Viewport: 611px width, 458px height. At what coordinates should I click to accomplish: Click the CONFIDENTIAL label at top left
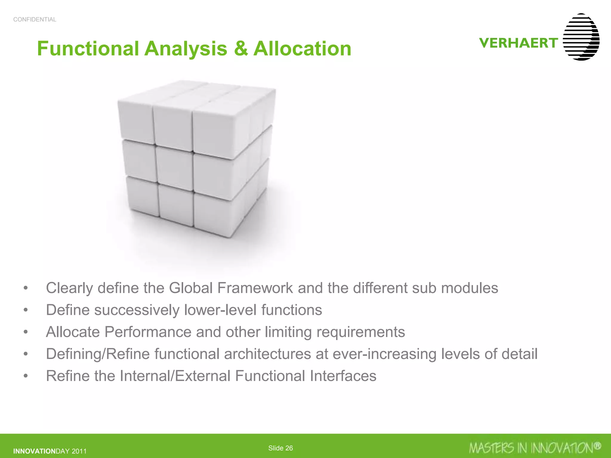pos(35,20)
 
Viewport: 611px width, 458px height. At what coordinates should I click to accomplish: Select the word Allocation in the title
pos(302,49)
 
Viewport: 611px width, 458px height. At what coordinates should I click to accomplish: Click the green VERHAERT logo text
pos(519,43)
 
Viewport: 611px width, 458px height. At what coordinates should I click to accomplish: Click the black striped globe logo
pos(581,37)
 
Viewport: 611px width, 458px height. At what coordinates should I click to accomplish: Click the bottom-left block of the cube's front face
pos(143,195)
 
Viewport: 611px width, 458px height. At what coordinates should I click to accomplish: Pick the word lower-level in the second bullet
pos(220,310)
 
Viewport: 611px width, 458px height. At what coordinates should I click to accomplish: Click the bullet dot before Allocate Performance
pos(26,332)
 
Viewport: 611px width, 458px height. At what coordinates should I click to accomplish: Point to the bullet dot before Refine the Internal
pos(26,376)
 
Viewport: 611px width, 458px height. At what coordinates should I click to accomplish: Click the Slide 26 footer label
pos(280,448)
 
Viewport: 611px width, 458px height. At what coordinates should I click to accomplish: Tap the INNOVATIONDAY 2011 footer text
pos(50,451)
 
